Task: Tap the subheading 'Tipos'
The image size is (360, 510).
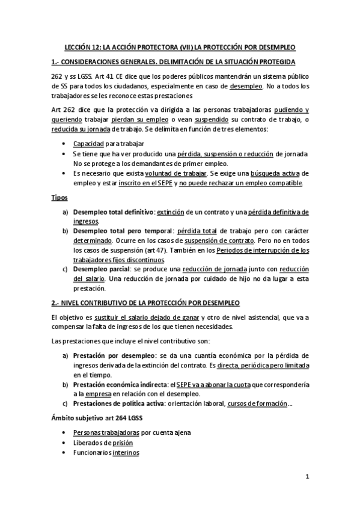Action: click(x=59, y=197)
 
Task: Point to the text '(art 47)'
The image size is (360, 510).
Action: click(x=171, y=250)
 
